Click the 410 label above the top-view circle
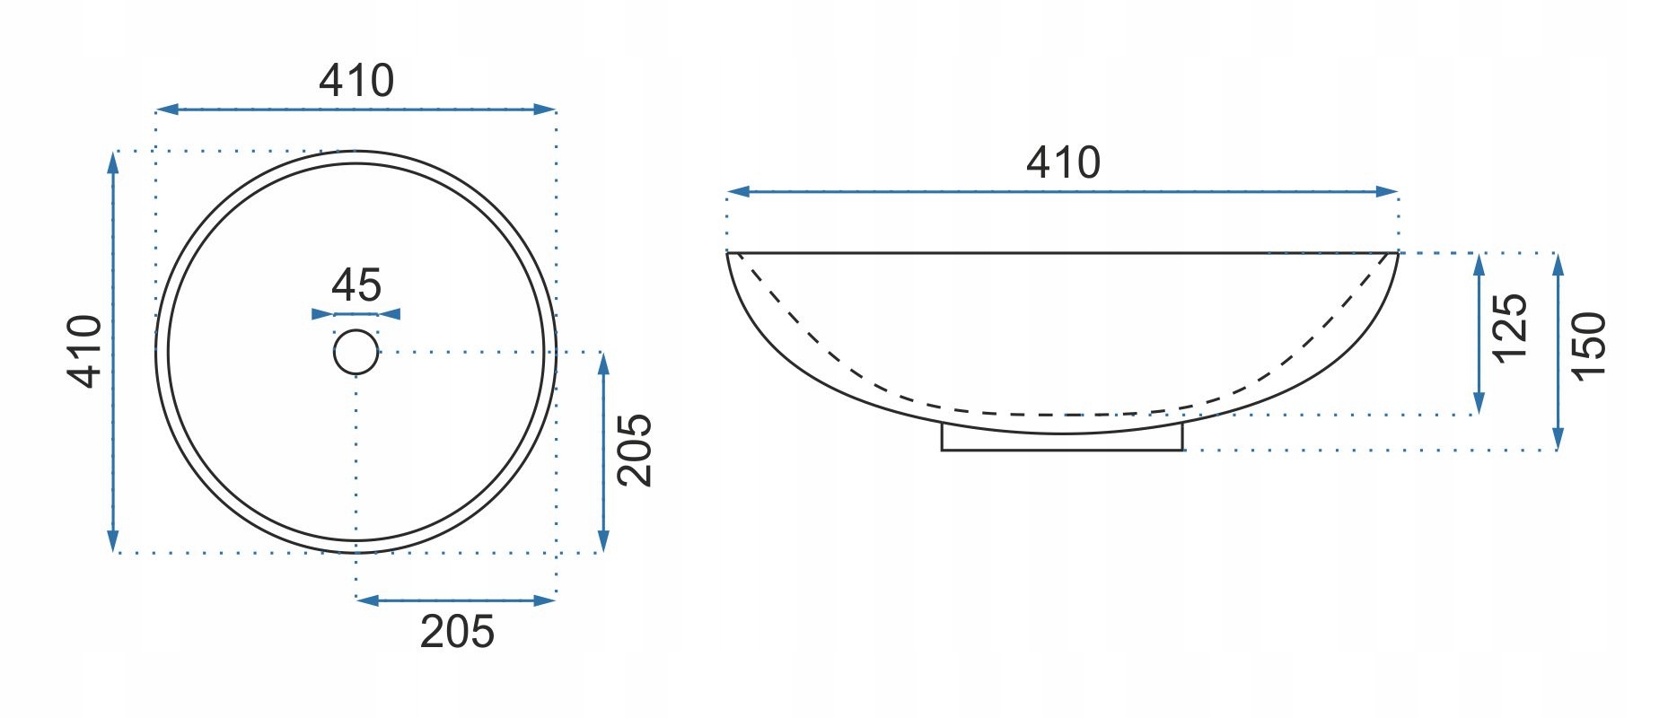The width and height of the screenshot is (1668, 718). (x=356, y=81)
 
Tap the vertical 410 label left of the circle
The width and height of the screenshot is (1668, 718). (x=86, y=351)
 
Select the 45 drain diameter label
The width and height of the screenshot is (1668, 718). (x=356, y=285)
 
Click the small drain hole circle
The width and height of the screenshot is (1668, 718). (x=356, y=351)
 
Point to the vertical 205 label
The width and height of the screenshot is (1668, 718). (x=635, y=450)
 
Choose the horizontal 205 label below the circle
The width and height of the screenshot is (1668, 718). (x=457, y=632)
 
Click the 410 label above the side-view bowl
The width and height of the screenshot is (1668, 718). (x=1063, y=162)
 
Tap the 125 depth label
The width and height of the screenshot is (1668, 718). (x=1509, y=327)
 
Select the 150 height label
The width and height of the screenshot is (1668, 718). (x=1588, y=346)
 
